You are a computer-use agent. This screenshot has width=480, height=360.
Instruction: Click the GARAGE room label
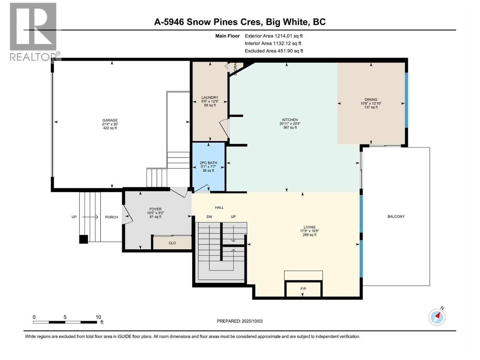click(110, 120)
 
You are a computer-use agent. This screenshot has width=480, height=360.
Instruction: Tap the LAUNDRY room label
click(210, 97)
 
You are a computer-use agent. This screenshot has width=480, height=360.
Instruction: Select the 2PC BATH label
click(208, 163)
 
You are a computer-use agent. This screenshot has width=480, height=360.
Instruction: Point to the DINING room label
click(371, 100)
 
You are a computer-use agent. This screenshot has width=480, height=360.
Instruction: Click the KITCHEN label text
click(290, 120)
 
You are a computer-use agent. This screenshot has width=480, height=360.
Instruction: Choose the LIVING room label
click(309, 227)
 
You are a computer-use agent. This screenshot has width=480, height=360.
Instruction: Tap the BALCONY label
click(396, 216)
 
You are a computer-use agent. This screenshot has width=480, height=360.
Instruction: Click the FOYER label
click(155, 209)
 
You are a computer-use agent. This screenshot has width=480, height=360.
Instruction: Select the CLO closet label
click(172, 243)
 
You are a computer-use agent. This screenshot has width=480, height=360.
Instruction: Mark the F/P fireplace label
click(303, 289)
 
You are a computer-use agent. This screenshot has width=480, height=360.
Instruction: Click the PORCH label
click(111, 217)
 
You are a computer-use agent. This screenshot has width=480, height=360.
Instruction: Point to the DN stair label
click(209, 217)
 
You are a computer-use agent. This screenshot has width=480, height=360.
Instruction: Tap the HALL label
click(219, 208)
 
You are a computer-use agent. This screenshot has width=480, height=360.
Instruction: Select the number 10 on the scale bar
click(98, 317)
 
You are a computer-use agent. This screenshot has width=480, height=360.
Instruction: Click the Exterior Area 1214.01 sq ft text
click(274, 36)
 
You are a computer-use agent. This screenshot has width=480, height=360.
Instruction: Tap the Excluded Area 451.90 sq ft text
click(274, 51)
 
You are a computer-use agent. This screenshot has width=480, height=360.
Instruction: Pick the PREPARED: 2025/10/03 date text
click(240, 321)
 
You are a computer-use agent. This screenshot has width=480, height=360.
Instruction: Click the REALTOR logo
click(33, 31)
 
